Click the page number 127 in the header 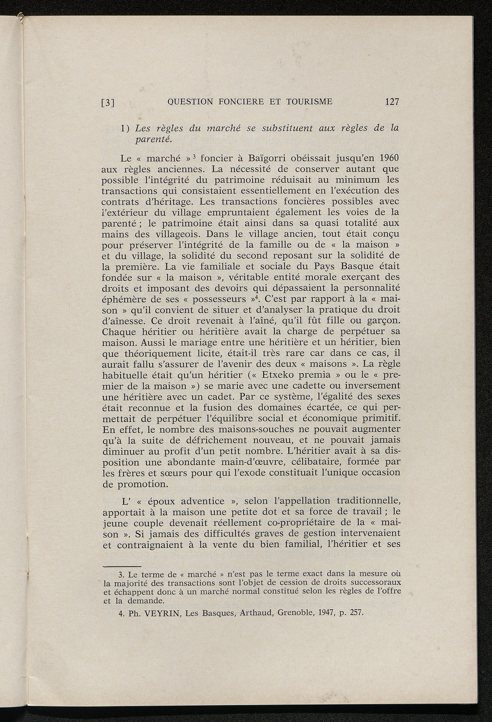coord(392,102)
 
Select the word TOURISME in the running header coord(309,101)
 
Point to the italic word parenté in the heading coord(153,139)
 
